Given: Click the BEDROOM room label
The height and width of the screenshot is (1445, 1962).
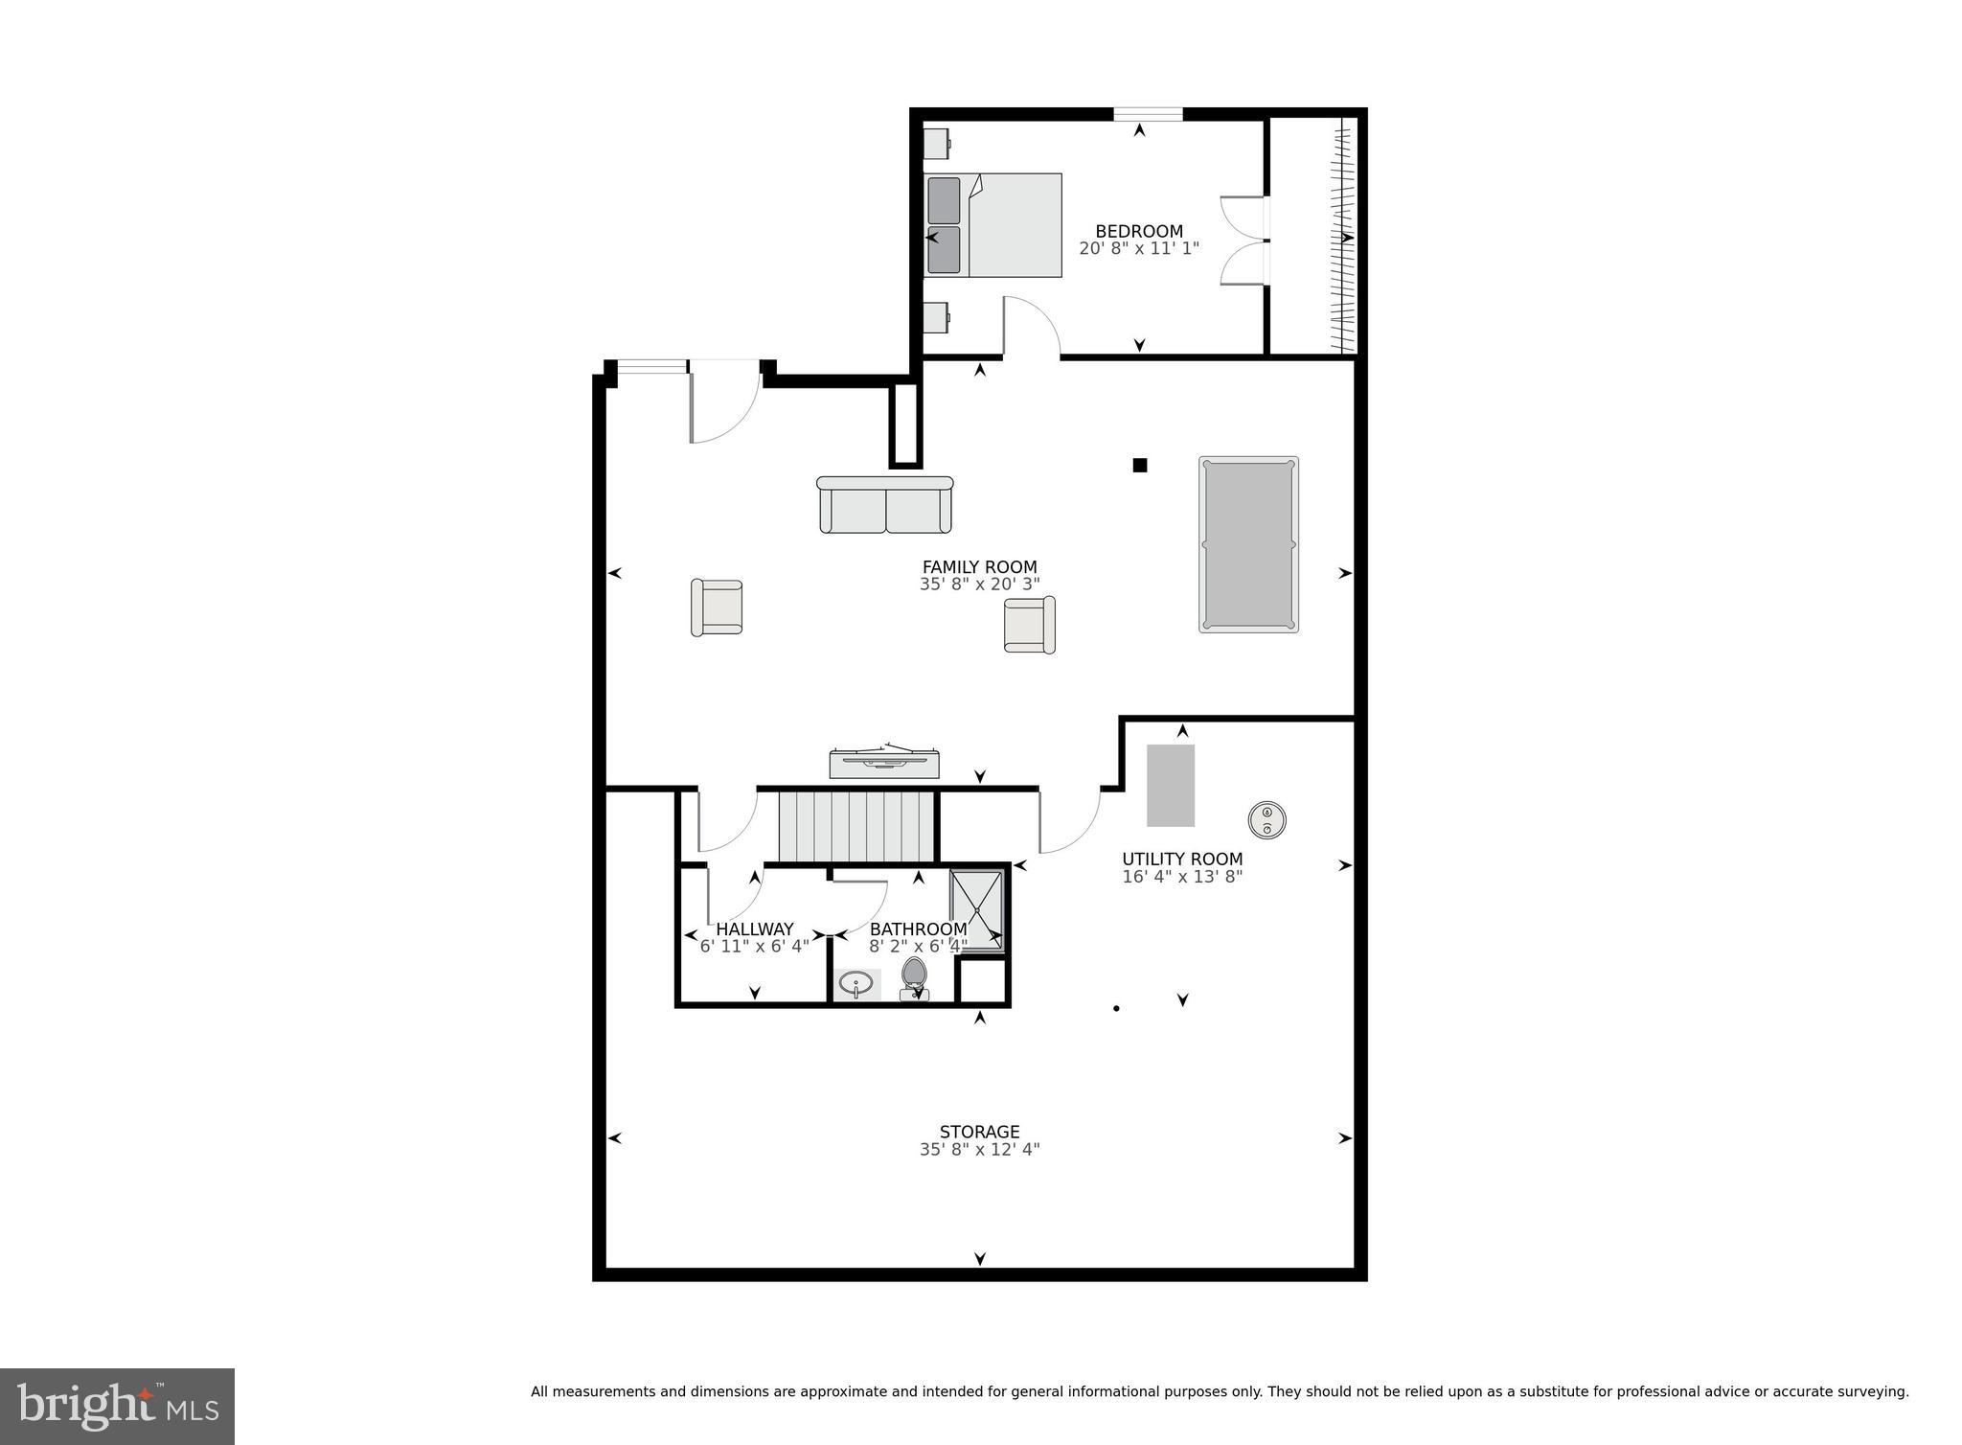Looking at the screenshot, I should click(x=1138, y=231).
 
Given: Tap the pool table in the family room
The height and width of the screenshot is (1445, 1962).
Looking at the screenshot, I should click(x=1248, y=544).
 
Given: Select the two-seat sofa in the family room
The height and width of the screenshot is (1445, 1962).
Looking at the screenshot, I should click(x=885, y=506).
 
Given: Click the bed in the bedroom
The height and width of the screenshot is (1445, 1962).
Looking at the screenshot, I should click(x=993, y=225).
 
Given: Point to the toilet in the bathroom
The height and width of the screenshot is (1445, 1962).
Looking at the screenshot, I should click(x=914, y=977).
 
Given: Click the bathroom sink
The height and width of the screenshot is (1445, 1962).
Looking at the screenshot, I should click(x=856, y=984).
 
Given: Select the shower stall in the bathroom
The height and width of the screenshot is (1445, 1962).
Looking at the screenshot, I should click(x=976, y=910).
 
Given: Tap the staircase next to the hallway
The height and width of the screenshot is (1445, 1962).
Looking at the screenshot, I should click(x=856, y=826).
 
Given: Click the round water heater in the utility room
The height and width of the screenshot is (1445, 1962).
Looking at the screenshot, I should click(x=1266, y=820).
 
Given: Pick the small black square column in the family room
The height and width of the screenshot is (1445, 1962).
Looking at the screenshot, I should click(x=1140, y=466).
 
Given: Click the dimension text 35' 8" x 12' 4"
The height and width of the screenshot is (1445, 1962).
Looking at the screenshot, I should click(x=979, y=1149).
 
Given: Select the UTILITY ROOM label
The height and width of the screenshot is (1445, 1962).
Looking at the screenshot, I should click(x=1182, y=860).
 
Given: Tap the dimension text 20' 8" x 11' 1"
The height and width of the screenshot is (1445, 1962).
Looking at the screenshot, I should click(x=1138, y=248).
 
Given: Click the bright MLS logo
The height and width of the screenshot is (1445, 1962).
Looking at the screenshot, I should click(x=117, y=1406).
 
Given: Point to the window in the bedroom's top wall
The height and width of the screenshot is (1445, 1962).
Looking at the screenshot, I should click(x=1148, y=115).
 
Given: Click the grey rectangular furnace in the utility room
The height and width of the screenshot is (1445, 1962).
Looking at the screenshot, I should click(x=1171, y=786).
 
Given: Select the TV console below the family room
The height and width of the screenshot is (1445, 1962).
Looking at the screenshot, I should click(x=884, y=763).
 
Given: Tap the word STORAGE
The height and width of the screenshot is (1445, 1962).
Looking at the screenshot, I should click(x=979, y=1132).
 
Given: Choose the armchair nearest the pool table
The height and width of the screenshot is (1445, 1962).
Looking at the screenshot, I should click(x=1029, y=625).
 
